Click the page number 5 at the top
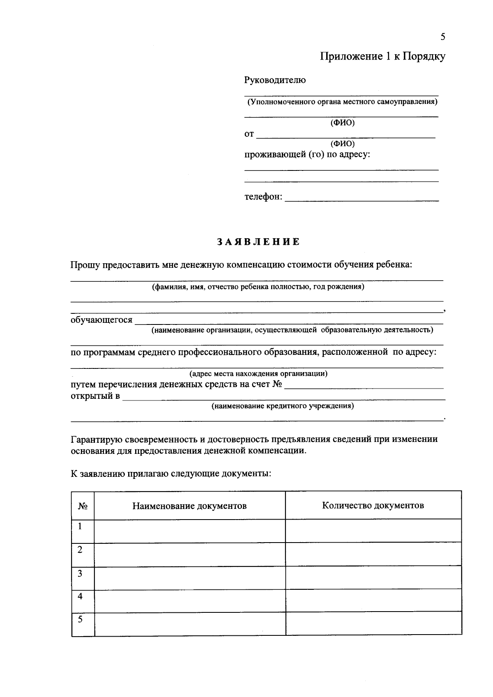(x=442, y=37)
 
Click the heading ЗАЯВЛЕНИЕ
(x=258, y=242)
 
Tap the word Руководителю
(x=275, y=80)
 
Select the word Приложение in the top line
(x=351, y=57)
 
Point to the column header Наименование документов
(x=189, y=506)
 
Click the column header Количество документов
(x=373, y=506)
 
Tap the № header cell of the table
(x=83, y=506)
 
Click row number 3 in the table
(x=80, y=573)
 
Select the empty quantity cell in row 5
(x=373, y=624)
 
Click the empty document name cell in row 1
(x=189, y=531)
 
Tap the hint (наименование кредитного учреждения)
(x=283, y=406)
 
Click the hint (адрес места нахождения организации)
(x=258, y=374)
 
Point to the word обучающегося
(x=101, y=320)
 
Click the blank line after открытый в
(x=283, y=397)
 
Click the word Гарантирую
(x=95, y=439)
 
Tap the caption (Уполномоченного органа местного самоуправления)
(x=341, y=101)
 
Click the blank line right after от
(x=345, y=135)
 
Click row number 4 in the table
(x=80, y=596)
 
